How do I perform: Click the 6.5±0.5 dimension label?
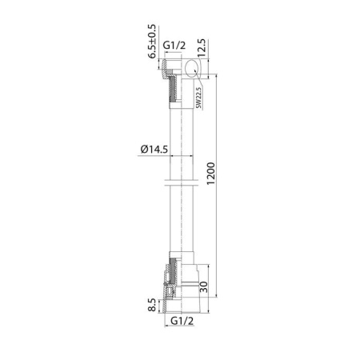coord(152,42)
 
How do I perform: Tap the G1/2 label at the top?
coord(174,46)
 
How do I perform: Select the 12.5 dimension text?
coord(202,48)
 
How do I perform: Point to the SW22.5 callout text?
coord(198,98)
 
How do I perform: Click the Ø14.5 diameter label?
coord(154,149)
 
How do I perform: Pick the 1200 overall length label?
coord(210,174)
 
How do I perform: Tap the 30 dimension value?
coord(203,287)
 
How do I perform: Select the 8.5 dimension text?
coord(152,305)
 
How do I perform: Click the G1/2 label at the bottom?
coord(182,321)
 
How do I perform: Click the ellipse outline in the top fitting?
coord(185,68)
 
